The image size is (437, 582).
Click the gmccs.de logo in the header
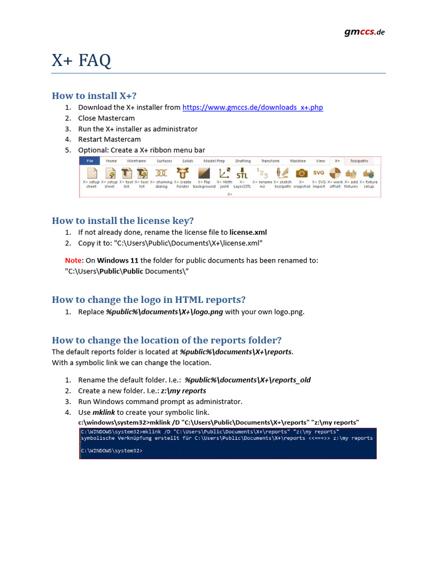coord(364,32)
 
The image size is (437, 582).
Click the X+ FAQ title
coord(81,60)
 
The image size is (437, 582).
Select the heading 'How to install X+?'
coord(94,95)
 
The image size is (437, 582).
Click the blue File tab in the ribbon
coord(89,161)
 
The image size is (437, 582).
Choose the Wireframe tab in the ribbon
coord(136,161)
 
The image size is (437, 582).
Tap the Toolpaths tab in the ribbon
coord(359,161)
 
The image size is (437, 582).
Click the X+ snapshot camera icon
coord(302,173)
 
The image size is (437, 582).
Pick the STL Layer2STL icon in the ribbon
coord(242,173)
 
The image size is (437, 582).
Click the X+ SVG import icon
coord(319,173)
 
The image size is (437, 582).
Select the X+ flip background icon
coord(204,173)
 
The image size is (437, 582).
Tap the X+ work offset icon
coord(335,173)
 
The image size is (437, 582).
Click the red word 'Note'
coord(73,260)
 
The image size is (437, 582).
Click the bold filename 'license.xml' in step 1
coord(248,232)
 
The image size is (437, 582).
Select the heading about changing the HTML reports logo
coord(149,300)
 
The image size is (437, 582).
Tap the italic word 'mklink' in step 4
coord(104,412)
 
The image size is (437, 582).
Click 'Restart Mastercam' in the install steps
coord(109,139)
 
